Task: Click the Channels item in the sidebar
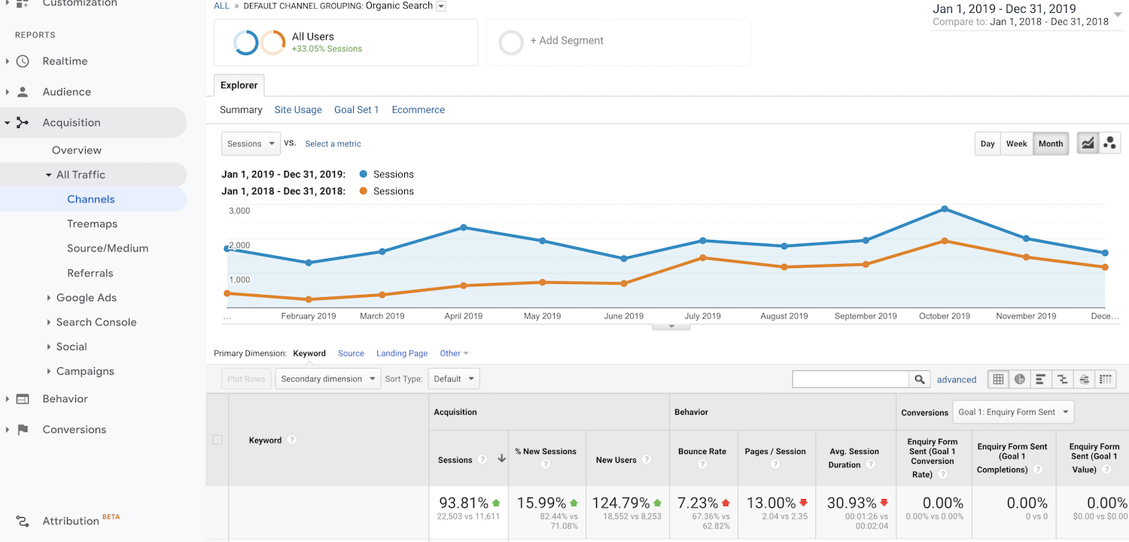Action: tap(91, 199)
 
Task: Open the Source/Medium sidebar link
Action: tap(108, 248)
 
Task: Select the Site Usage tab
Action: tap(298, 110)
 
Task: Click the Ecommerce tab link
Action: tap(418, 110)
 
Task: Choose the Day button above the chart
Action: tap(987, 144)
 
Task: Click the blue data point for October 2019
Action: tap(945, 209)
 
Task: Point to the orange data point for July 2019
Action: tap(702, 257)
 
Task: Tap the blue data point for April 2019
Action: tap(464, 227)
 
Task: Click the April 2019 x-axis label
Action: tap(463, 316)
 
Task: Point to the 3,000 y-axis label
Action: tap(239, 211)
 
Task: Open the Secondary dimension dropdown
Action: tap(328, 379)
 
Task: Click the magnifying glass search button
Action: tap(919, 379)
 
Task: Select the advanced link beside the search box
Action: tap(957, 379)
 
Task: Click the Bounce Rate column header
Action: tap(702, 452)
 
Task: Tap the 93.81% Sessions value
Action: tap(463, 503)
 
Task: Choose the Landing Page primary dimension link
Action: tap(402, 353)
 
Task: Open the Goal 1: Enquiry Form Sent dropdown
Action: tap(1013, 412)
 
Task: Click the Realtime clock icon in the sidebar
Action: tap(23, 61)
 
